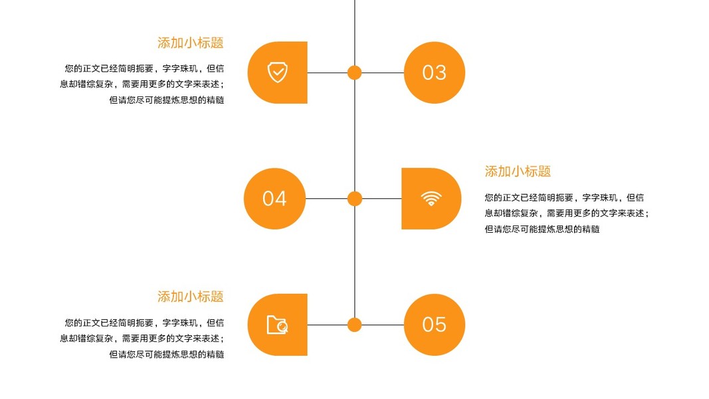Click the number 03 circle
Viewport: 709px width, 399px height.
click(x=434, y=72)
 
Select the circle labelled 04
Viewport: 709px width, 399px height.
click(x=274, y=198)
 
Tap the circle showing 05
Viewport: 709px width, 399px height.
click(x=434, y=325)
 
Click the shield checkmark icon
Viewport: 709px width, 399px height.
click(x=277, y=72)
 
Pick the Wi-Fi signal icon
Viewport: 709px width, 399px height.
click(x=431, y=198)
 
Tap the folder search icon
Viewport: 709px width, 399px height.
click(x=277, y=325)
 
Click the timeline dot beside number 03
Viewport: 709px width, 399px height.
click(x=355, y=72)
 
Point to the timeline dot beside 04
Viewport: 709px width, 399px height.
click(x=355, y=198)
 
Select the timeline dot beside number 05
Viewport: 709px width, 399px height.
click(x=355, y=325)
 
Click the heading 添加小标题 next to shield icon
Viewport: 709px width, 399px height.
click(x=190, y=43)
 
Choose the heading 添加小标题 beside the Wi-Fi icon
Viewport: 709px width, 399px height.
click(x=518, y=172)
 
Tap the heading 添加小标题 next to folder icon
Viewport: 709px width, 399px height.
click(x=190, y=297)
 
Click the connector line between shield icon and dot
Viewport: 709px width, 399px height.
click(x=327, y=72)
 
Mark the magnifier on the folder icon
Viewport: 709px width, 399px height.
click(x=282, y=327)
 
